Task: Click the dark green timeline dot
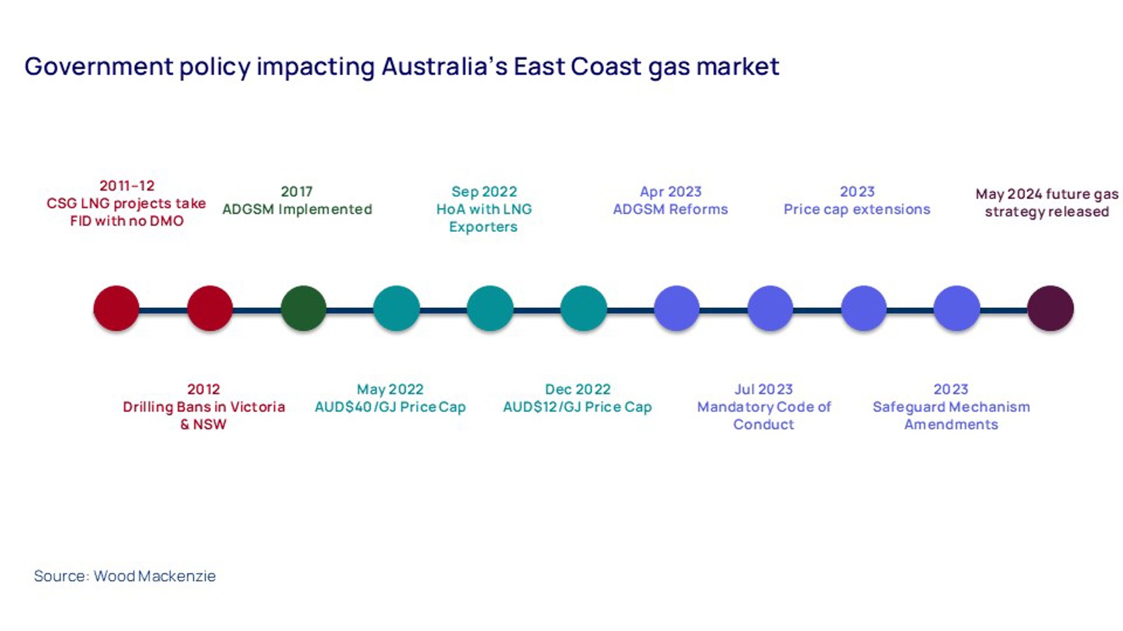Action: [303, 308]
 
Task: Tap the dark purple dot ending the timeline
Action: [1050, 308]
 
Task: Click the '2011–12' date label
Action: [127, 186]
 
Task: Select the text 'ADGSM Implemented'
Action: [297, 210]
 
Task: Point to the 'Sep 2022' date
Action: [484, 192]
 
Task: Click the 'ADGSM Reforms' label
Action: [670, 210]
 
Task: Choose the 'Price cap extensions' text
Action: [857, 210]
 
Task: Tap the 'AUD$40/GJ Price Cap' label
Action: [390, 407]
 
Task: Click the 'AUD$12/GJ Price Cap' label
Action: [577, 407]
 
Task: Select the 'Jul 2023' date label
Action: [764, 390]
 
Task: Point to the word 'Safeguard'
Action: [911, 408]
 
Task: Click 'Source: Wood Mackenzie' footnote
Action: [125, 576]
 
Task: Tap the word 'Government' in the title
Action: [99, 67]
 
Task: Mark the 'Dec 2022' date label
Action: [578, 390]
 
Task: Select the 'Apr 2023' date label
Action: [671, 192]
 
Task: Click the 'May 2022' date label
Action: [390, 390]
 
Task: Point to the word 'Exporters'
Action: [484, 227]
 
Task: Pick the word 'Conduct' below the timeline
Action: [764, 425]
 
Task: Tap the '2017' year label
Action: [296, 192]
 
